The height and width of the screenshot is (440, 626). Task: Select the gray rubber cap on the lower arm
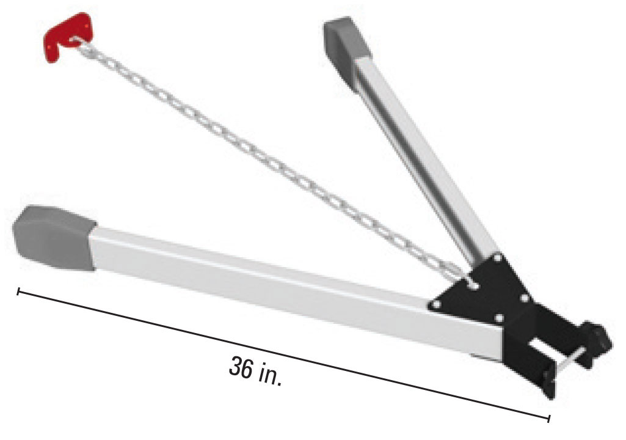(54, 237)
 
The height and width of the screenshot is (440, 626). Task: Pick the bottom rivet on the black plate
(500, 318)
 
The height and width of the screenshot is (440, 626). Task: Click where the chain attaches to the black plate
(473, 284)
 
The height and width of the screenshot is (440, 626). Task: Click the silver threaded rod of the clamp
(568, 361)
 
